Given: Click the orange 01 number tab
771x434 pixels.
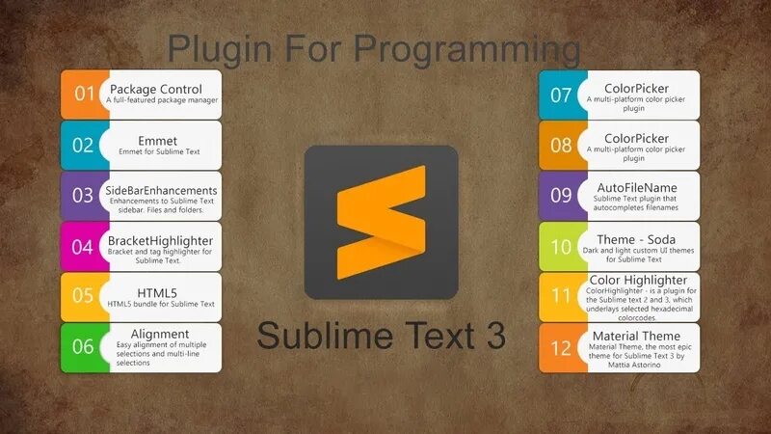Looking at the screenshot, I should (84, 95).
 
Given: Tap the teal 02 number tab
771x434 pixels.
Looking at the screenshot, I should (84, 146).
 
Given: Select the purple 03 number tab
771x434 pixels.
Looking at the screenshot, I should (84, 196).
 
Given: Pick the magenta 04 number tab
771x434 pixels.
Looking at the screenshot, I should (84, 247).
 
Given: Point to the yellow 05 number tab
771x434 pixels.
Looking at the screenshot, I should (84, 297).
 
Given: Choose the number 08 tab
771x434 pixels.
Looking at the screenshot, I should (561, 146).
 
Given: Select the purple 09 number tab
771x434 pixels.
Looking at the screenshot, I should (561, 196).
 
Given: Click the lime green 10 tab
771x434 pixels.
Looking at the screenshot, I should (561, 247).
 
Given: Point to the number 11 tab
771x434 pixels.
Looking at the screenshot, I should (561, 297).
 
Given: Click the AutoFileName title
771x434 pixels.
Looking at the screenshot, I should (636, 187).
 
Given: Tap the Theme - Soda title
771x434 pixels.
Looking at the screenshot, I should (636, 238).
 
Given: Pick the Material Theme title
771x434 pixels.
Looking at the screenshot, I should (636, 336).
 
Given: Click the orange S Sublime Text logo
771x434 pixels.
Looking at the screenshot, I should (381, 222).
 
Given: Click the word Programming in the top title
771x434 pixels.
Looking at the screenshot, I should (467, 48).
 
